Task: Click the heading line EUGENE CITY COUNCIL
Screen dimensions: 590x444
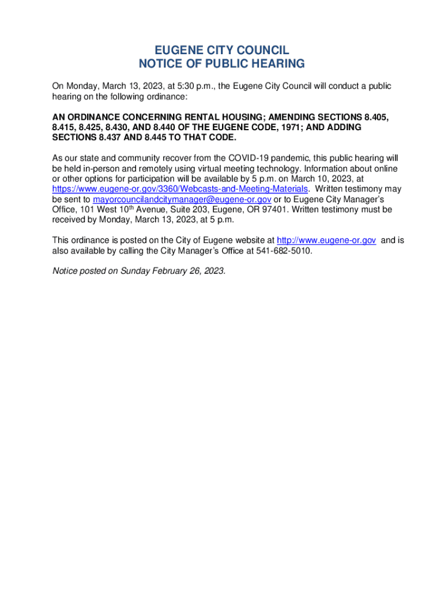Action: tap(221, 50)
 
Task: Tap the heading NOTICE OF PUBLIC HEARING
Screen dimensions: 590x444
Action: tap(221, 64)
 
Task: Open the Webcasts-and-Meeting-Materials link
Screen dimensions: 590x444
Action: tap(180, 189)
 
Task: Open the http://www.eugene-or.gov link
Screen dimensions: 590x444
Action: tap(326, 240)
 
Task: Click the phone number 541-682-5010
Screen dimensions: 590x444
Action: tap(284, 251)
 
